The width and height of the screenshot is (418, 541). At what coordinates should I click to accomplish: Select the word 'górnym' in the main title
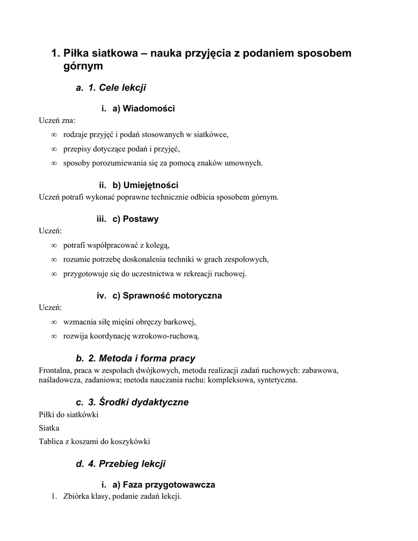[83, 67]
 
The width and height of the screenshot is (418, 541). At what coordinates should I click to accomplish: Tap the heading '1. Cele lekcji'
[117, 88]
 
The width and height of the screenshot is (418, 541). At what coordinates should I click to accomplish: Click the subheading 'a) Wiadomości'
[143, 108]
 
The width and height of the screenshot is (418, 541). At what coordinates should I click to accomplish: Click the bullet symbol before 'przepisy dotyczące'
[54, 149]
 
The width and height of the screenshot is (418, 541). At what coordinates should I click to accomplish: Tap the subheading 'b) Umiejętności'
[145, 185]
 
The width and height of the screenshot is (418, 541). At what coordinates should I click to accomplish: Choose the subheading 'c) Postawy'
[135, 219]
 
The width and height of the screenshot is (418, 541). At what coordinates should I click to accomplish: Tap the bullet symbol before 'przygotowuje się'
[54, 274]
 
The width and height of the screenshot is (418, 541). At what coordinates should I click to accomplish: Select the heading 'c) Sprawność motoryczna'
[167, 296]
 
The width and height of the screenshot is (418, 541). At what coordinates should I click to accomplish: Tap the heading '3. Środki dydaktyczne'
[138, 403]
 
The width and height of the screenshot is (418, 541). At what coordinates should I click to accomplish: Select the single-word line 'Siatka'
[49, 428]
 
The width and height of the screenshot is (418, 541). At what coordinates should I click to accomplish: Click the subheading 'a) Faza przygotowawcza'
[163, 484]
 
